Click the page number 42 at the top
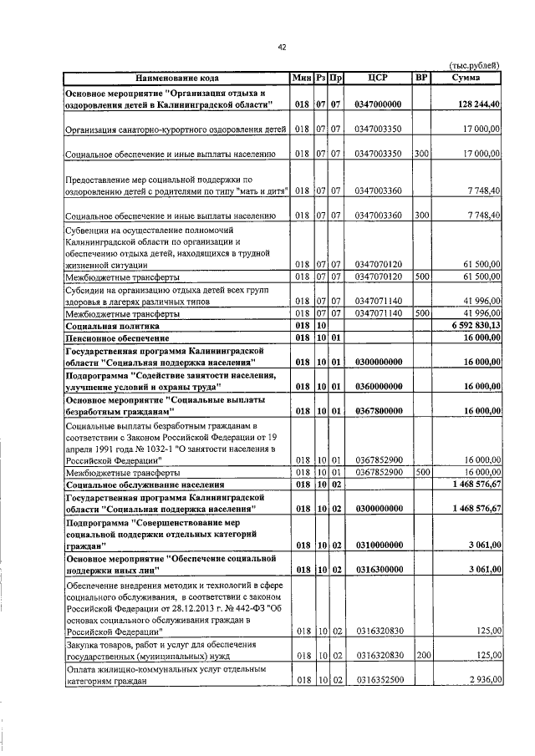tap(282, 48)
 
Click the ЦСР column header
tap(378, 78)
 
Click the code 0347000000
tap(378, 104)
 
